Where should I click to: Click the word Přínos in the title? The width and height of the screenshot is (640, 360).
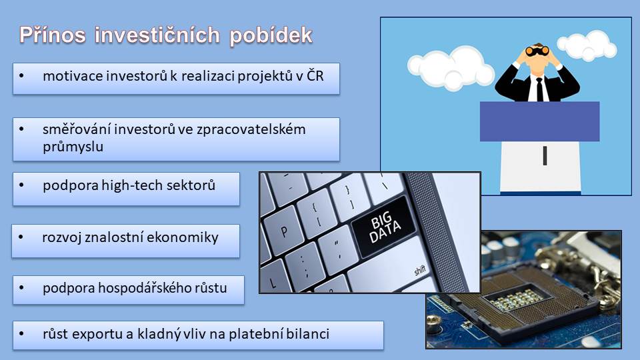(x=53, y=35)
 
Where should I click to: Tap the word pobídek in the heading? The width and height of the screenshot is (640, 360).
(x=271, y=36)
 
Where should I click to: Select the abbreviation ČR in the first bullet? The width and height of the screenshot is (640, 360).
(x=315, y=75)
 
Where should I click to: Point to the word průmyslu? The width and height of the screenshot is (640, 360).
(x=73, y=147)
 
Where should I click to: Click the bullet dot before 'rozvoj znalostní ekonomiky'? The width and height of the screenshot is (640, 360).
(x=21, y=237)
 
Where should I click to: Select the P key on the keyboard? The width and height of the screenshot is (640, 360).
(x=283, y=231)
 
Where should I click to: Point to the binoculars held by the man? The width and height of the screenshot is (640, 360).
(x=537, y=51)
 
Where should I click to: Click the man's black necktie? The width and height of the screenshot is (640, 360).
(x=539, y=89)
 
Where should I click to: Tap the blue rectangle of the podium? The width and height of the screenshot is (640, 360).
(x=539, y=121)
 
